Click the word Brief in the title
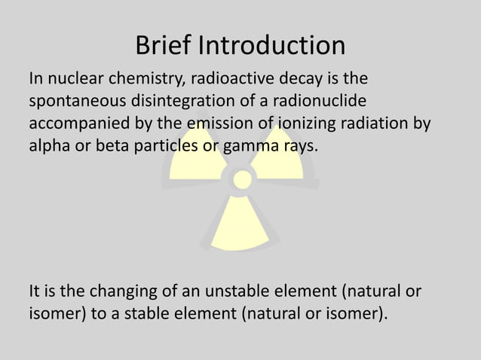(x=163, y=46)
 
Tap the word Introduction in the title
(x=271, y=46)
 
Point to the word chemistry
(x=142, y=79)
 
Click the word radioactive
(x=224, y=78)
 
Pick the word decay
(x=290, y=79)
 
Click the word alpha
(x=47, y=145)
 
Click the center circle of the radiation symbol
(x=242, y=179)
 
